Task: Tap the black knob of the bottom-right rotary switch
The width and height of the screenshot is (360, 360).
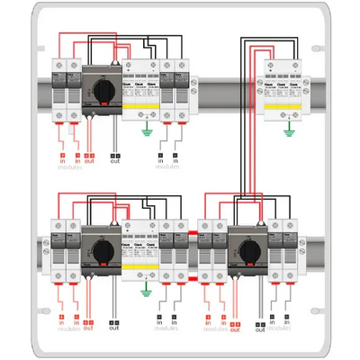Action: tap(245, 245)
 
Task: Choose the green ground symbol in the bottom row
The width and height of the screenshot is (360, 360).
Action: tap(145, 289)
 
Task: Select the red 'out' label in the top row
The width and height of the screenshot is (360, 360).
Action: tap(88, 161)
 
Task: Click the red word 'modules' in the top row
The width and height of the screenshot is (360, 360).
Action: tap(68, 167)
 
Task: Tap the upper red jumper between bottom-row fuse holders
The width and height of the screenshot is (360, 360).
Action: tap(191, 236)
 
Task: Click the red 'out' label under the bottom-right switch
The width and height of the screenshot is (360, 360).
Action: tap(234, 326)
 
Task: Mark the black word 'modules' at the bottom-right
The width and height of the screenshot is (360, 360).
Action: tap(280, 329)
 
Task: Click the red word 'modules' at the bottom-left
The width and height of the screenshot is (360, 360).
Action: tap(68, 329)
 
